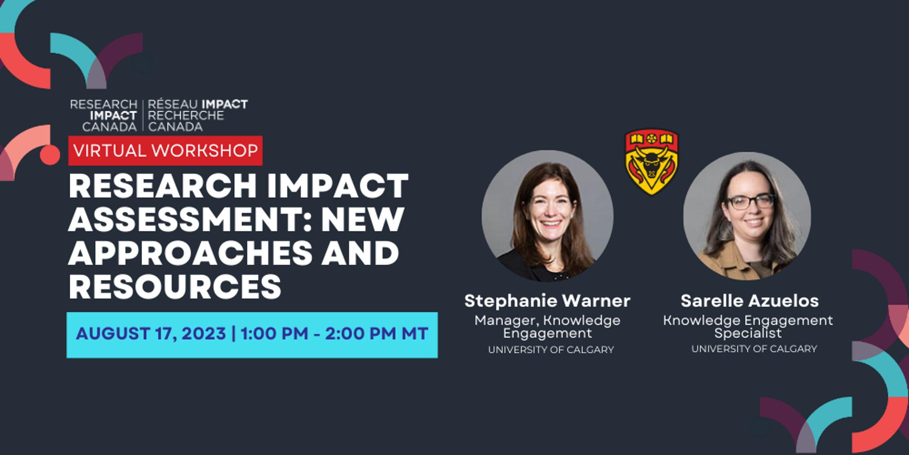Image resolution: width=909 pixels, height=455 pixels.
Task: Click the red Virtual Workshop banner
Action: tap(165, 151)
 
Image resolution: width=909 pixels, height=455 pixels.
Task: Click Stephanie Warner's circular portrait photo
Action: tap(548, 216)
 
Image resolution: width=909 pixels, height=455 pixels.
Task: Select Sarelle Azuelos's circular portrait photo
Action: tap(747, 216)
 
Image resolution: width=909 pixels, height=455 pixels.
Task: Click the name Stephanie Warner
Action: tap(547, 300)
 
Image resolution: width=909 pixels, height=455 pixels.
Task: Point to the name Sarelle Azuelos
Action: tap(750, 300)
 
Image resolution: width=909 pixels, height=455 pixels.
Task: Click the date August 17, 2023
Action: tap(151, 334)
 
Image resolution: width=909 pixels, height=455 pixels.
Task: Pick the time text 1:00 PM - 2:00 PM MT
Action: tap(335, 334)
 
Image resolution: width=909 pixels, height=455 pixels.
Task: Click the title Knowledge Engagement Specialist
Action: tap(748, 327)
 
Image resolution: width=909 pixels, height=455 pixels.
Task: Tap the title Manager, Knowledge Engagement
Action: tap(547, 327)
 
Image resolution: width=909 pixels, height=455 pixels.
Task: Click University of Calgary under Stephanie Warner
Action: tap(551, 350)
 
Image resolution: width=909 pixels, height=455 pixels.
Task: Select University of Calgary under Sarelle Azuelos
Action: tap(754, 349)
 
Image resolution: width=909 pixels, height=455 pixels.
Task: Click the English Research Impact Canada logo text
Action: tap(104, 116)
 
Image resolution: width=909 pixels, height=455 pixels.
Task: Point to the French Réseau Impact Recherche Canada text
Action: tap(198, 116)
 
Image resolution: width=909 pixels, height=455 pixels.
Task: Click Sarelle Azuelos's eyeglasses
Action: tap(750, 201)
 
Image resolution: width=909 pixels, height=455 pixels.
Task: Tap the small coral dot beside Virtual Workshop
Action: tap(50, 155)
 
